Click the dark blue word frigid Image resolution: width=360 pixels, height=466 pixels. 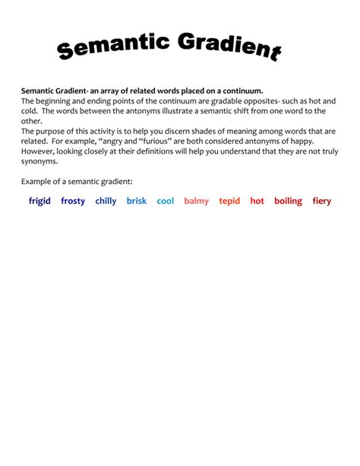[39, 201]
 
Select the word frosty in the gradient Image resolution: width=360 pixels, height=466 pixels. [73, 201]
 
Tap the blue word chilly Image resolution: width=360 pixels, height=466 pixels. [106, 201]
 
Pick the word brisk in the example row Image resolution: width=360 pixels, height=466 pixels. [137, 201]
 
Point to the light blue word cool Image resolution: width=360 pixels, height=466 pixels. [166, 201]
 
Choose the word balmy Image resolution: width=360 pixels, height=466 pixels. [196, 201]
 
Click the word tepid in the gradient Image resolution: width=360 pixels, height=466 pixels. [229, 201]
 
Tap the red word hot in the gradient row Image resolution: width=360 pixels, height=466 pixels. [257, 201]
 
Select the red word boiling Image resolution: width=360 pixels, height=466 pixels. [288, 201]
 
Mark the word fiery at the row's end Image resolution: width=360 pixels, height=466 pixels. [322, 201]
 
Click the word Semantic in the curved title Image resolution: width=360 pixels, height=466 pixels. [114, 47]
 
